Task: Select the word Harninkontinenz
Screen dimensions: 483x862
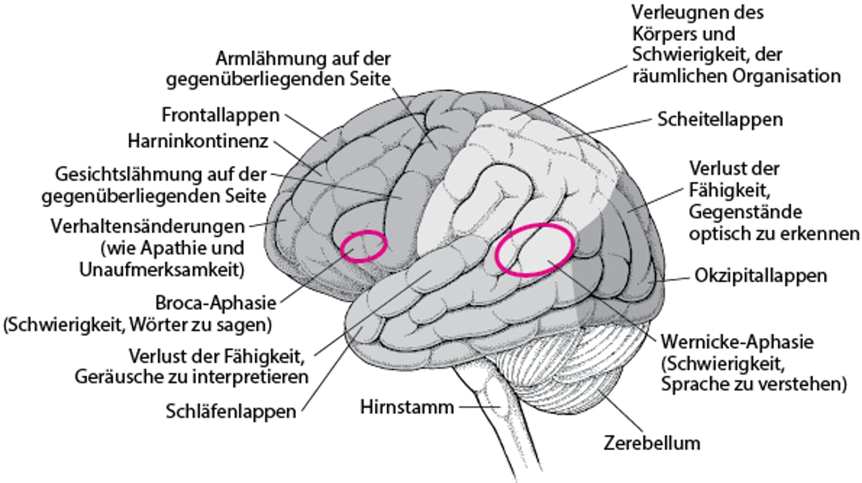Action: [198, 141]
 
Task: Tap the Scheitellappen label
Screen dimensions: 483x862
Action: [720, 119]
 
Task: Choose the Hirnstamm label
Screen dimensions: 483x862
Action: [407, 408]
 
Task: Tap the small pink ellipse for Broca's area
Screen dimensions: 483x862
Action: [363, 245]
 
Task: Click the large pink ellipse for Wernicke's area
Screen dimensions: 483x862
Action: [535, 250]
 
